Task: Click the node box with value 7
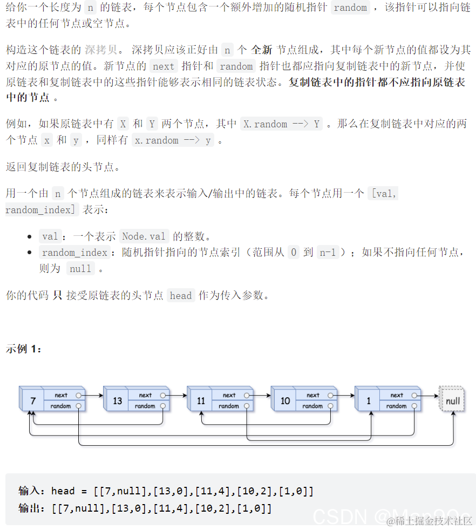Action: point(33,401)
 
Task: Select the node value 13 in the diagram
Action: point(117,401)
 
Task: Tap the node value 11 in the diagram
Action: point(201,401)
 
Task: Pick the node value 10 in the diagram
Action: point(285,401)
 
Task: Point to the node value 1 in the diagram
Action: point(369,401)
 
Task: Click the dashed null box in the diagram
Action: point(452,401)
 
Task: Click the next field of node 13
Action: point(146,395)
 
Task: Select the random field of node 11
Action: point(229,406)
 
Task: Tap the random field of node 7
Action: point(61,406)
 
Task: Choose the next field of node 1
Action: point(397,395)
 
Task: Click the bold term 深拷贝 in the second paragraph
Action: point(100,50)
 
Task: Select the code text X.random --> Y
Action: point(281,124)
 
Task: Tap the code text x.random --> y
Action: point(172,140)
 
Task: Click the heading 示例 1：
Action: point(24,349)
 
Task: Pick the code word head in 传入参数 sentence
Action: point(180,295)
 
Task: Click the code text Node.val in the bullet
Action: point(144,236)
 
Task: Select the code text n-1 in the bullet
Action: point(327,252)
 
